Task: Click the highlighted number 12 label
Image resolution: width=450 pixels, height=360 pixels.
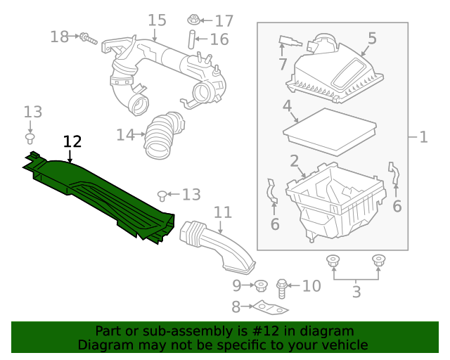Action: pos(72,141)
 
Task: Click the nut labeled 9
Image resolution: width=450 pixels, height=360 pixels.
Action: pos(259,285)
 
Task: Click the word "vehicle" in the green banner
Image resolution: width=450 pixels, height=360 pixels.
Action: pos(344,345)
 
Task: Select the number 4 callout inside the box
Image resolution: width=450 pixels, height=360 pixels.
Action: pos(287,107)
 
